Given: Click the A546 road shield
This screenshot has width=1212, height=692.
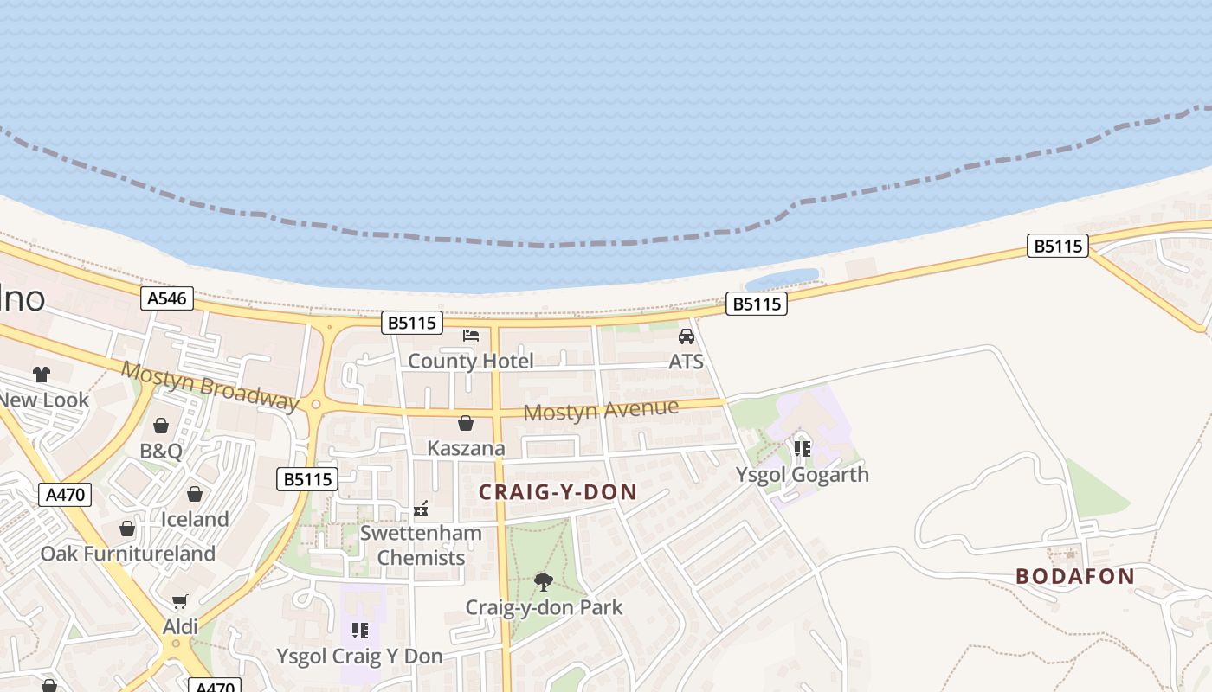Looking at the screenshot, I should click(166, 298).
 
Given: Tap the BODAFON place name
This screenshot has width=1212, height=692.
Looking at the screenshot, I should click(1074, 576).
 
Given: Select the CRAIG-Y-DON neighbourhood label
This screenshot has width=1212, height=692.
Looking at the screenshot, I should click(558, 492).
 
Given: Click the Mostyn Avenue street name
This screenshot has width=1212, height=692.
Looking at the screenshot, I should click(601, 409).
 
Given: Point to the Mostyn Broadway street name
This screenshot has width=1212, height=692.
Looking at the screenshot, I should click(210, 385).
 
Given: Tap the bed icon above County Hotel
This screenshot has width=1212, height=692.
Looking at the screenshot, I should click(471, 336).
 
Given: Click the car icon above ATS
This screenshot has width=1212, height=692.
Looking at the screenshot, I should click(687, 336).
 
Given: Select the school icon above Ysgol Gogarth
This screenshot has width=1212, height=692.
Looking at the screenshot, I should click(802, 448).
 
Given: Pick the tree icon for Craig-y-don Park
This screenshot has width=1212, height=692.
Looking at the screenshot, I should click(544, 581).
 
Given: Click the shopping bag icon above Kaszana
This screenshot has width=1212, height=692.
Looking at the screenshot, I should click(466, 423).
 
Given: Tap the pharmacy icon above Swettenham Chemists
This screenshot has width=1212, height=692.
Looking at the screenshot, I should click(421, 509).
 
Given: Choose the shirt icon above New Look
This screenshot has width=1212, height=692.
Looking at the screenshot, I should click(42, 375).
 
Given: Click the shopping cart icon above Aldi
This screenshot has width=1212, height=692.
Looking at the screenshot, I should click(180, 601).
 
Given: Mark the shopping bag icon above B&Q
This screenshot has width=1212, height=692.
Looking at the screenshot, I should click(161, 426).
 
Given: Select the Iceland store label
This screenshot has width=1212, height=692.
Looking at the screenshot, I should click(195, 519).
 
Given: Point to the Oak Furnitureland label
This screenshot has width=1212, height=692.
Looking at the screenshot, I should click(128, 554).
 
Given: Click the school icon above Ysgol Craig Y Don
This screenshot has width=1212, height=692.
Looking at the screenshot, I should click(359, 631).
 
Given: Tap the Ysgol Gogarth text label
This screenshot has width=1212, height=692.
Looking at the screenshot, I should click(802, 474).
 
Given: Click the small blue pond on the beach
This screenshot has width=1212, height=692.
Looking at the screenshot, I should click(782, 279).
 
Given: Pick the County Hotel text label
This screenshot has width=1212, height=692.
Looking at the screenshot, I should click(471, 361).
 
